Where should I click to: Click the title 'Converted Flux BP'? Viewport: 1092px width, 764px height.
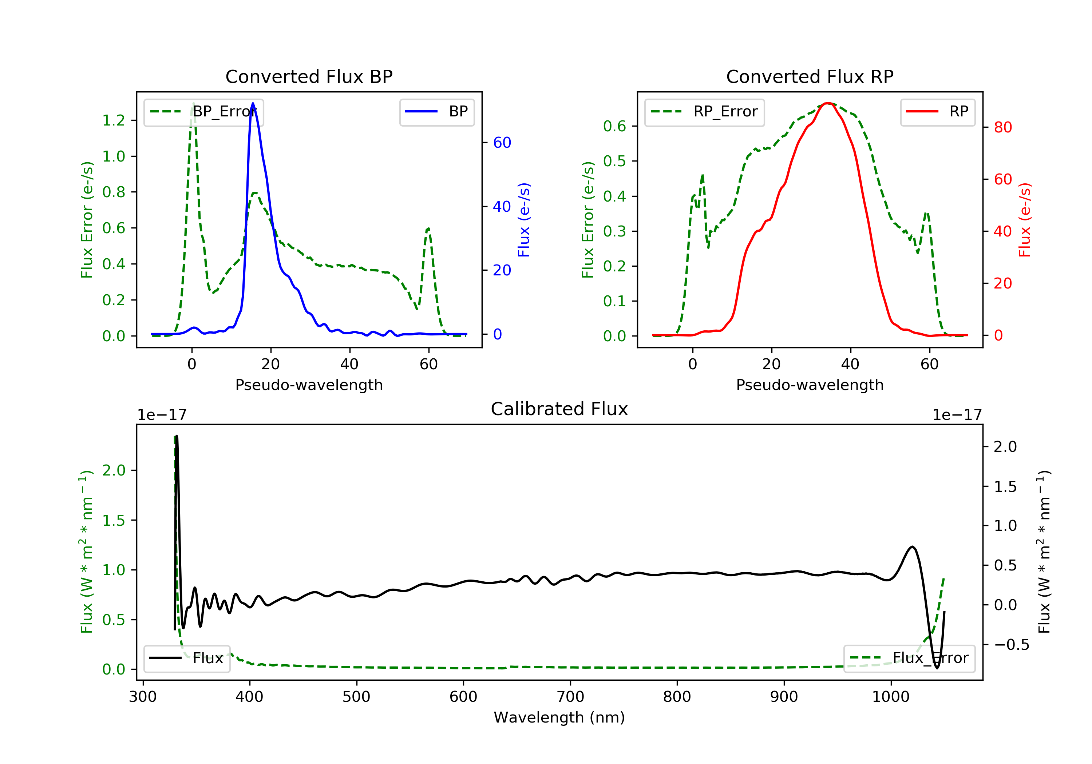click(309, 76)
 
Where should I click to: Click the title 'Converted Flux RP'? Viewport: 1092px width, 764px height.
click(810, 76)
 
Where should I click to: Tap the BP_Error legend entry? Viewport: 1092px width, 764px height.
click(203, 112)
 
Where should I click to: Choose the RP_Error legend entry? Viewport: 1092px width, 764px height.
click(704, 112)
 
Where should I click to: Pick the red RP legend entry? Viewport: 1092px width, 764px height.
click(937, 112)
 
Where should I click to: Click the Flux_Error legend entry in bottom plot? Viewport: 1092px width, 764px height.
click(909, 658)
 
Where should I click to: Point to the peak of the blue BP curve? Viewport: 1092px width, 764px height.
click(253, 103)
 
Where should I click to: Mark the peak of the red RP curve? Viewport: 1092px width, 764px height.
click(828, 103)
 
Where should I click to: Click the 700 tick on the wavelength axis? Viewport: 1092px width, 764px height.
click(570, 697)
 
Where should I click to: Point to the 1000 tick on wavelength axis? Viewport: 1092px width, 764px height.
click(890, 697)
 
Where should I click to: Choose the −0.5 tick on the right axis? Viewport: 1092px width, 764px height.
click(1011, 645)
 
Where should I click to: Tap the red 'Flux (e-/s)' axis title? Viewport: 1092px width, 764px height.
click(1024, 220)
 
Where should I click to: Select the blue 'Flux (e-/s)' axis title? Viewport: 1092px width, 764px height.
click(524, 220)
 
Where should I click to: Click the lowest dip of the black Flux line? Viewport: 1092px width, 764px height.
click(937, 668)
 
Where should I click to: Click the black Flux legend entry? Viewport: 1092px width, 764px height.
click(187, 658)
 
